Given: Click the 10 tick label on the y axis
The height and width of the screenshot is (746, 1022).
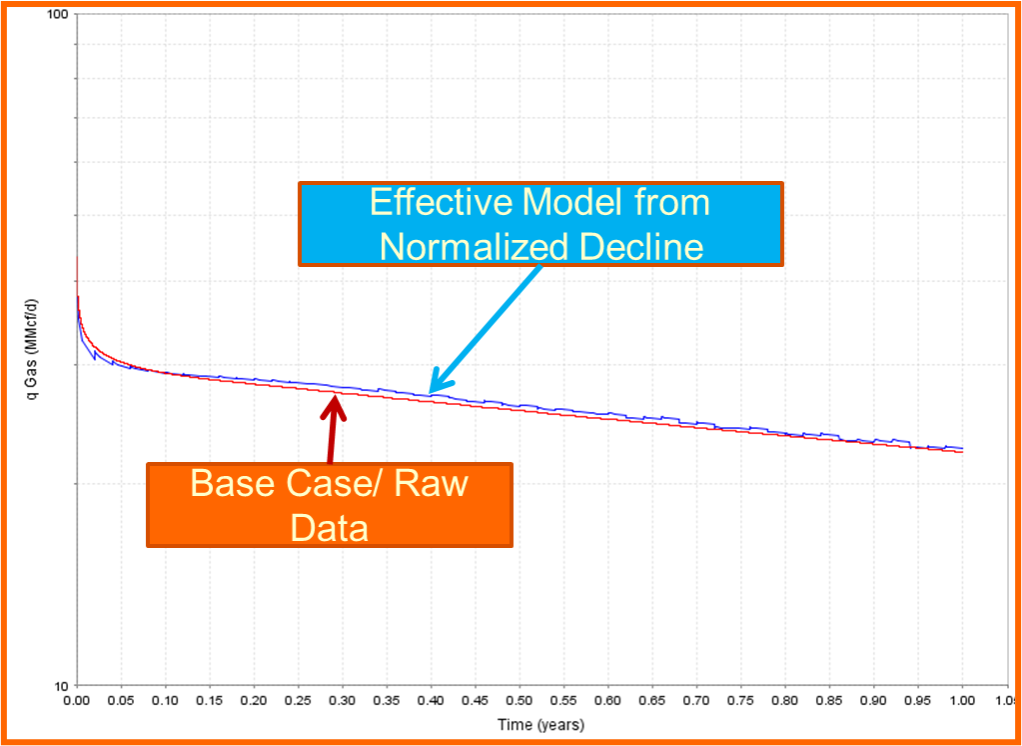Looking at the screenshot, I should (62, 686).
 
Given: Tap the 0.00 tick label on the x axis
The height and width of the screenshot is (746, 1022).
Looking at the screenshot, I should (77, 703).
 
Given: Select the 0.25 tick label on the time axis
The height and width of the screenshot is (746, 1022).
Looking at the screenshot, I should (299, 703).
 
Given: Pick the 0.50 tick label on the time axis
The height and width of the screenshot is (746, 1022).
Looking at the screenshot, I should (519, 703).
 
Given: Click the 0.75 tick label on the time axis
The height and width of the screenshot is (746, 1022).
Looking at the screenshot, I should (741, 703).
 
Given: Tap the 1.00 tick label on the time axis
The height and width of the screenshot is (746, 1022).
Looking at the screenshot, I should (963, 703).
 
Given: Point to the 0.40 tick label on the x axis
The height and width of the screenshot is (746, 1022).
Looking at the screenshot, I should (432, 703).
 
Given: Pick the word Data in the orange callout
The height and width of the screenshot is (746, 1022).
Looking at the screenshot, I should (330, 527).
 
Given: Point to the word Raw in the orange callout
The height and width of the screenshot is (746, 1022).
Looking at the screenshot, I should (432, 484).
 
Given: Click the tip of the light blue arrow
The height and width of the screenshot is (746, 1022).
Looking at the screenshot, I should (430, 392).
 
